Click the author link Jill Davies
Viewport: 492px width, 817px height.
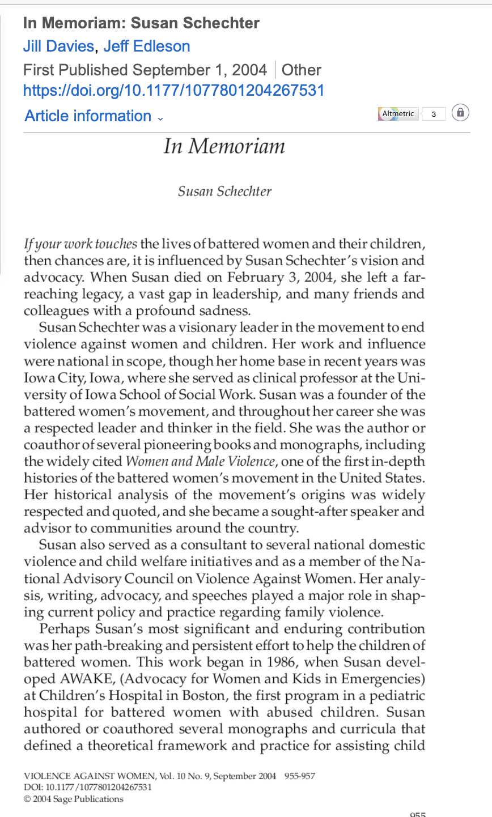[x=58, y=46]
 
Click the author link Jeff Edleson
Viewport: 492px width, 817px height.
[x=147, y=46]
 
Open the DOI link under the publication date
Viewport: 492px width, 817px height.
[x=173, y=90]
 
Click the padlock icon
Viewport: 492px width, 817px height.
[x=460, y=113]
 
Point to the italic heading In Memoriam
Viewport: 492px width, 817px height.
[x=224, y=147]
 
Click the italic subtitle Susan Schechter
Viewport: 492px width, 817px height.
[x=224, y=192]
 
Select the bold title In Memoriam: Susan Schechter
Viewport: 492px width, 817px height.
[x=141, y=23]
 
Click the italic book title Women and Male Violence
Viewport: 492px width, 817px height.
[x=201, y=461]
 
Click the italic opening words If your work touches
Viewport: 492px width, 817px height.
[x=80, y=245]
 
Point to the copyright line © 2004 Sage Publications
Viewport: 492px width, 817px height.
[x=73, y=799]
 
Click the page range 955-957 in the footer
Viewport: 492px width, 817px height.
[x=300, y=776]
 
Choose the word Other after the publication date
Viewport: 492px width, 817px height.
[x=302, y=70]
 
